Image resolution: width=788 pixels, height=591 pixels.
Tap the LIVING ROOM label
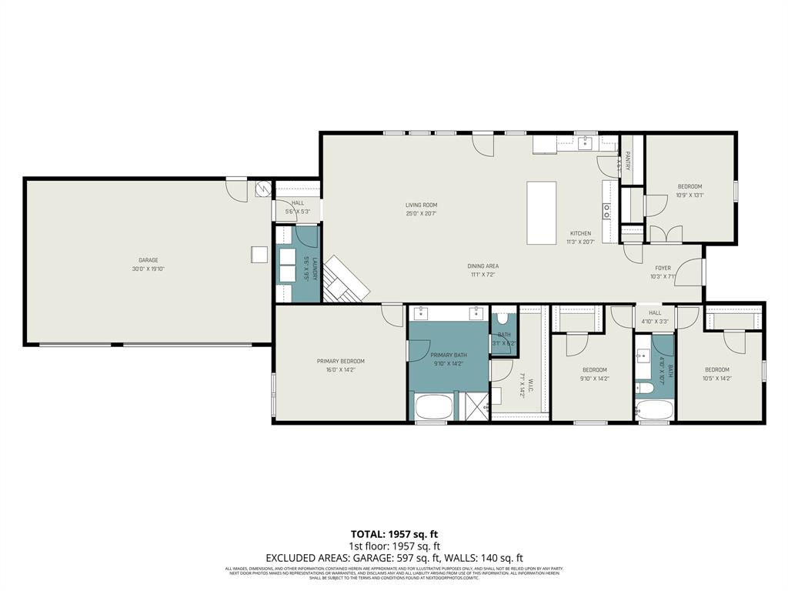pyautogui.click(x=421, y=205)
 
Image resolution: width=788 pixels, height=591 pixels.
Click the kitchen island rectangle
pyautogui.click(x=542, y=212)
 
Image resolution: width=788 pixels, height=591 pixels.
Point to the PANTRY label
pyautogui.click(x=628, y=161)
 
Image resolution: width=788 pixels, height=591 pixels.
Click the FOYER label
pyautogui.click(x=663, y=269)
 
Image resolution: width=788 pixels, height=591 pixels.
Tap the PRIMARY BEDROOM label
pyautogui.click(x=340, y=361)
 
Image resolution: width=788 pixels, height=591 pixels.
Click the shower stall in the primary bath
pyautogui.click(x=474, y=406)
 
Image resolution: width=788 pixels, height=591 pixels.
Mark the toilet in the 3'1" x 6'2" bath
pyautogui.click(x=502, y=318)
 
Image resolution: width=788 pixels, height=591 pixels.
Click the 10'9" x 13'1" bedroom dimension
pyautogui.click(x=689, y=195)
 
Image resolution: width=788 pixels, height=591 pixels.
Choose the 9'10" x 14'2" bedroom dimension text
pyautogui.click(x=594, y=378)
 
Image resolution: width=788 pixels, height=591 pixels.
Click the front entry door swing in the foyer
pyautogui.click(x=693, y=271)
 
